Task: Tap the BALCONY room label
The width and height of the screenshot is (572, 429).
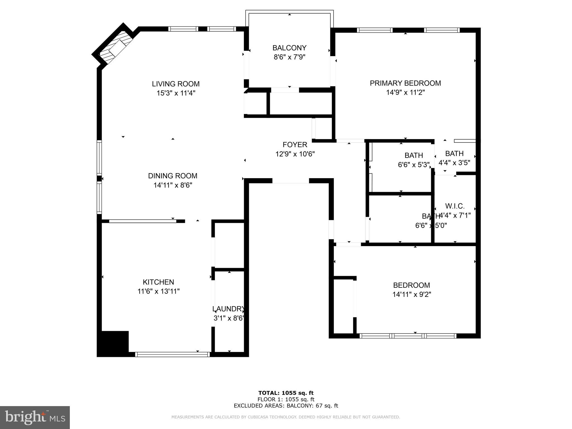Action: (x=289, y=48)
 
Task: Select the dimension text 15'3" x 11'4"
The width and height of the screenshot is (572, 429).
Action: (x=176, y=93)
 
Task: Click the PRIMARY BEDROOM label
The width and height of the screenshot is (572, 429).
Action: (x=405, y=83)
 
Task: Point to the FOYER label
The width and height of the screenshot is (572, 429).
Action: (x=295, y=145)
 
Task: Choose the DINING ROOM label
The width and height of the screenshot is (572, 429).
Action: (x=173, y=176)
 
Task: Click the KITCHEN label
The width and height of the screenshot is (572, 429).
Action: (x=158, y=282)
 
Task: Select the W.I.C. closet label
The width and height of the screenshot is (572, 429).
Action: (x=455, y=206)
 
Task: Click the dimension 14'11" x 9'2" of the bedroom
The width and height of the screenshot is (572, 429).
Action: (x=412, y=294)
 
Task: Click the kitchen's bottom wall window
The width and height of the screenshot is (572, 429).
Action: (x=172, y=354)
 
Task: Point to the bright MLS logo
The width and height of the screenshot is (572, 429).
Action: (x=35, y=418)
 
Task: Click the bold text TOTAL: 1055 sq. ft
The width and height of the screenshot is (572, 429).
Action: (x=286, y=393)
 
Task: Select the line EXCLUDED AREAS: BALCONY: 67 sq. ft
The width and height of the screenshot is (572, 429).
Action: (x=286, y=406)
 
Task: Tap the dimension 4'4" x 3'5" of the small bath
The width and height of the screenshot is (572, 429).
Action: (x=454, y=163)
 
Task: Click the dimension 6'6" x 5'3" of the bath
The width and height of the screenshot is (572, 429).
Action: (x=414, y=165)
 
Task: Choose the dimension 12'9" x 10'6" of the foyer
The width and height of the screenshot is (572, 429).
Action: (x=295, y=154)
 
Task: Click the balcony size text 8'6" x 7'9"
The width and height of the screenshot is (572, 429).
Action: (x=289, y=57)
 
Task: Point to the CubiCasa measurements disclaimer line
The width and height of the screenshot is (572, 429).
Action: (x=286, y=417)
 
